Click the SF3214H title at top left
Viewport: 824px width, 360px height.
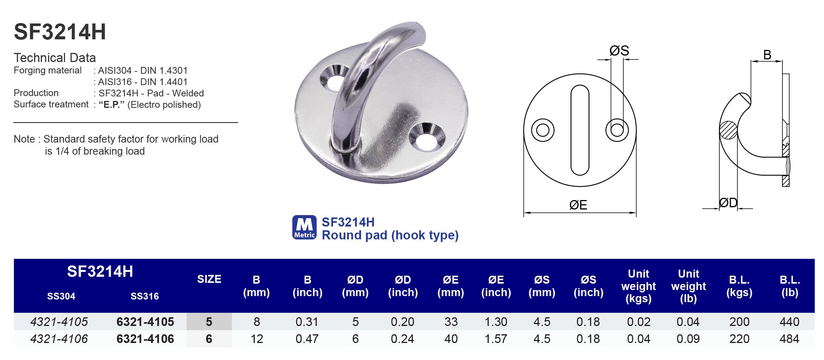pyautogui.click(x=60, y=32)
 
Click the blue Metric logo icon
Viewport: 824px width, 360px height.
pyautogui.click(x=304, y=227)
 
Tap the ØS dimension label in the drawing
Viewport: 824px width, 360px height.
pyautogui.click(x=619, y=51)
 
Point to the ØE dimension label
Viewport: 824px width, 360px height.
pyautogui.click(x=578, y=205)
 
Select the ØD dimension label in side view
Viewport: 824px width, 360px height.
pyautogui.click(x=728, y=203)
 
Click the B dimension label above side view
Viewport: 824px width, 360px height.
pyautogui.click(x=767, y=55)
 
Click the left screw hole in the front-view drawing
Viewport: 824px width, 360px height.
pyautogui.click(x=542, y=130)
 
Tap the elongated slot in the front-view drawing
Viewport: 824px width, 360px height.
pyautogui.click(x=580, y=130)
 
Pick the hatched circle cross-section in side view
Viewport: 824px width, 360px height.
pyautogui.click(x=728, y=130)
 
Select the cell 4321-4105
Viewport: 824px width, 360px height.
pyautogui.click(x=59, y=322)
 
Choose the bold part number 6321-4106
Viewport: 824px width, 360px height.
pyautogui.click(x=145, y=339)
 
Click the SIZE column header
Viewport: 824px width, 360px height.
pyautogui.click(x=209, y=279)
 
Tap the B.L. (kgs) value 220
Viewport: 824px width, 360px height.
pyautogui.click(x=739, y=339)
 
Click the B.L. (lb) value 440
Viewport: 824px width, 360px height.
pyautogui.click(x=789, y=322)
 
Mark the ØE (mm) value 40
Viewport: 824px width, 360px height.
pyautogui.click(x=451, y=339)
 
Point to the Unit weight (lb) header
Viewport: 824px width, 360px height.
pyautogui.click(x=688, y=286)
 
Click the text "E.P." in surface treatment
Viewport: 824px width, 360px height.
pyautogui.click(x=112, y=105)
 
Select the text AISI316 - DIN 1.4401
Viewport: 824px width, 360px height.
pyautogui.click(x=142, y=82)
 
